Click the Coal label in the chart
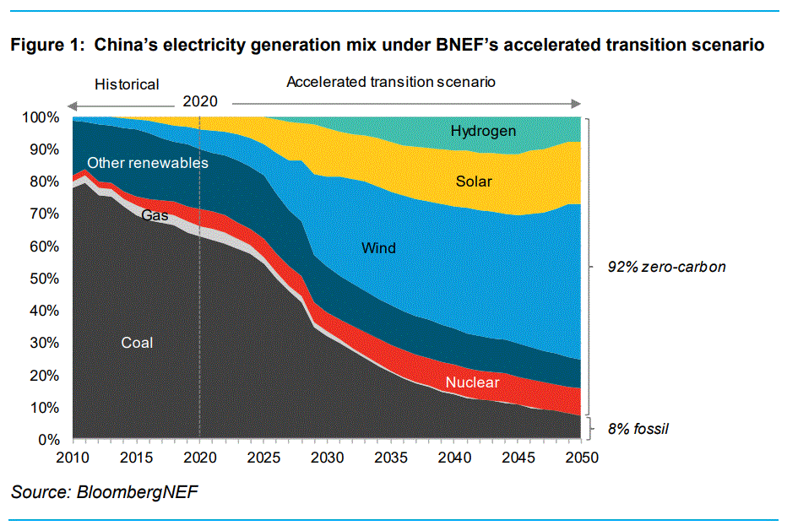click(x=137, y=342)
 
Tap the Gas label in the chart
click(x=155, y=215)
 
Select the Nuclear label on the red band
click(x=472, y=382)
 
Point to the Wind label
click(x=378, y=248)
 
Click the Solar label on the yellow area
click(x=474, y=181)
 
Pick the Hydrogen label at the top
click(x=483, y=131)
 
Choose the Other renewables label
click(x=148, y=162)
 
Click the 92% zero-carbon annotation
click(x=667, y=267)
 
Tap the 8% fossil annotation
click(x=638, y=429)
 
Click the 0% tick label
click(x=49, y=440)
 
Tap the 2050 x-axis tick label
click(x=581, y=458)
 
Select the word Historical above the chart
click(x=127, y=84)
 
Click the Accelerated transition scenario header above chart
click(x=390, y=82)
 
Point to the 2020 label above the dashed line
click(x=200, y=100)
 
